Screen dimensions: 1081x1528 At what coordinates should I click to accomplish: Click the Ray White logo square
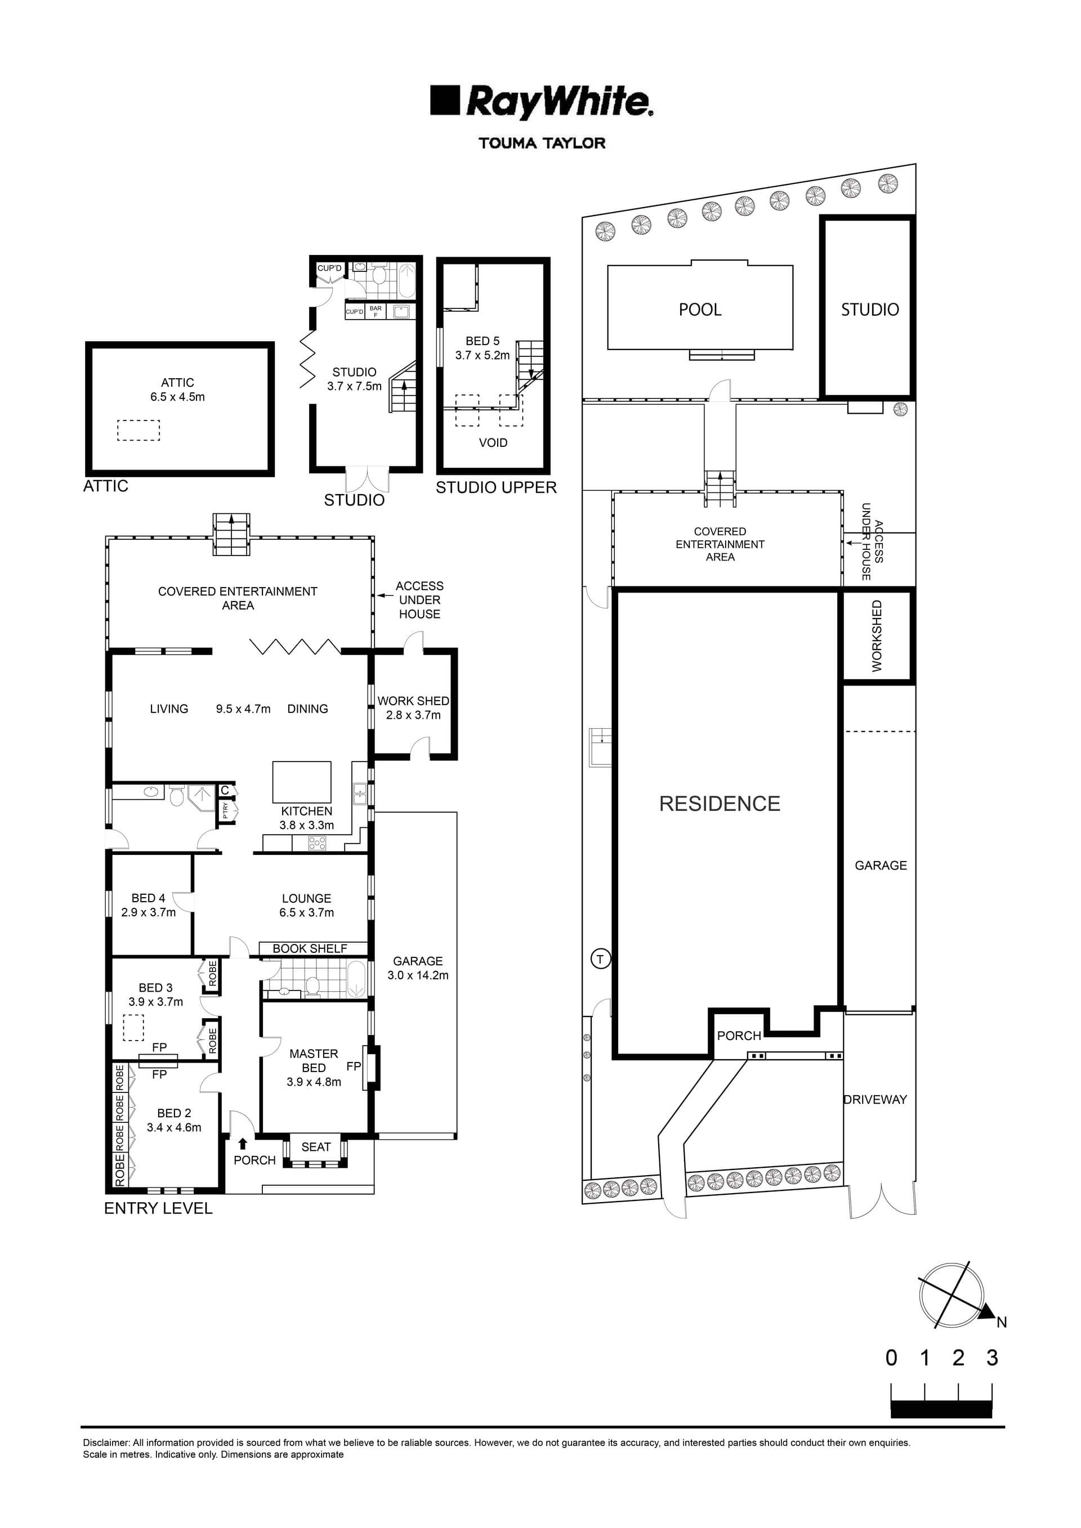[x=445, y=101]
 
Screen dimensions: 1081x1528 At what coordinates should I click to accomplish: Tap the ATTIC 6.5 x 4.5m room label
[x=178, y=390]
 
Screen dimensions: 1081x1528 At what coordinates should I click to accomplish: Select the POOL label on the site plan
[x=700, y=310]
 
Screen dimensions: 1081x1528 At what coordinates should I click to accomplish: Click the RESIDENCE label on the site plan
[x=720, y=804]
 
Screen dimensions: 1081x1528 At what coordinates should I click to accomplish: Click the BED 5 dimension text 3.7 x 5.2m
[x=483, y=355]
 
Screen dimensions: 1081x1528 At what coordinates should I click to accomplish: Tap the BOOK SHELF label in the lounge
[x=310, y=949]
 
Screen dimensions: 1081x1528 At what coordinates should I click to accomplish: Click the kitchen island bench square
[x=302, y=782]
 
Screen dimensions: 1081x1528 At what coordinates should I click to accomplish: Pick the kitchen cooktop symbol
[x=318, y=844]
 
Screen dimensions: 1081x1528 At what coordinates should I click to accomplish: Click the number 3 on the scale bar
[x=993, y=1357]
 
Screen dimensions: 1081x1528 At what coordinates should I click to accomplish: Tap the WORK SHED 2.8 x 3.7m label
[x=413, y=708]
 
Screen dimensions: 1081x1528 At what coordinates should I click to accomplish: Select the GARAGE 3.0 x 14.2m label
[x=418, y=969]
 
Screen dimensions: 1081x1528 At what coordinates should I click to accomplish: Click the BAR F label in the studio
[x=376, y=311]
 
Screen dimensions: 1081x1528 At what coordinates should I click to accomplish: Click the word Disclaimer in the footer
[x=106, y=1443]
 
